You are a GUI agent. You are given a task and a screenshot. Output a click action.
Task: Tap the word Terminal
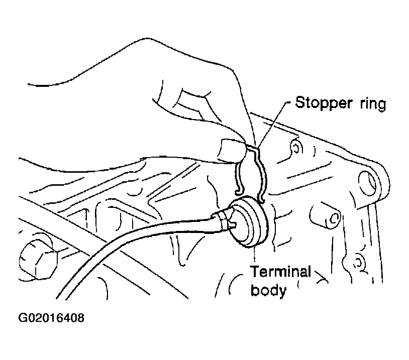coord(281,273)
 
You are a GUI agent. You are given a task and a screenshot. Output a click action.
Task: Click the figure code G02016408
coord(51,318)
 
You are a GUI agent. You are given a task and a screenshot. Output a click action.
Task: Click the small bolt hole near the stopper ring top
coord(295,148)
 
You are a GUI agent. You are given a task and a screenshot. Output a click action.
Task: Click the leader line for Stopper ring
coord(271,126)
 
